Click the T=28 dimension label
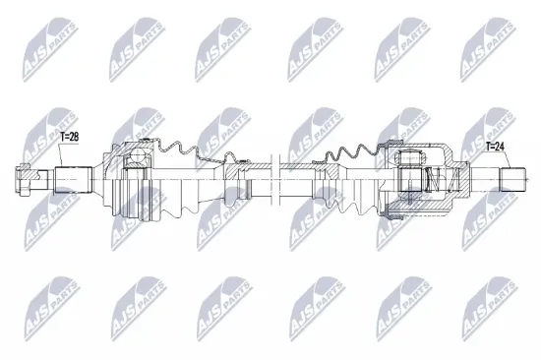coord(73,138)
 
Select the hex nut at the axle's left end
coord(27,180)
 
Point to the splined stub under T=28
coord(73,180)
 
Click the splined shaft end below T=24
coord(514,180)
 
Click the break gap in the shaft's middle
coord(276,181)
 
